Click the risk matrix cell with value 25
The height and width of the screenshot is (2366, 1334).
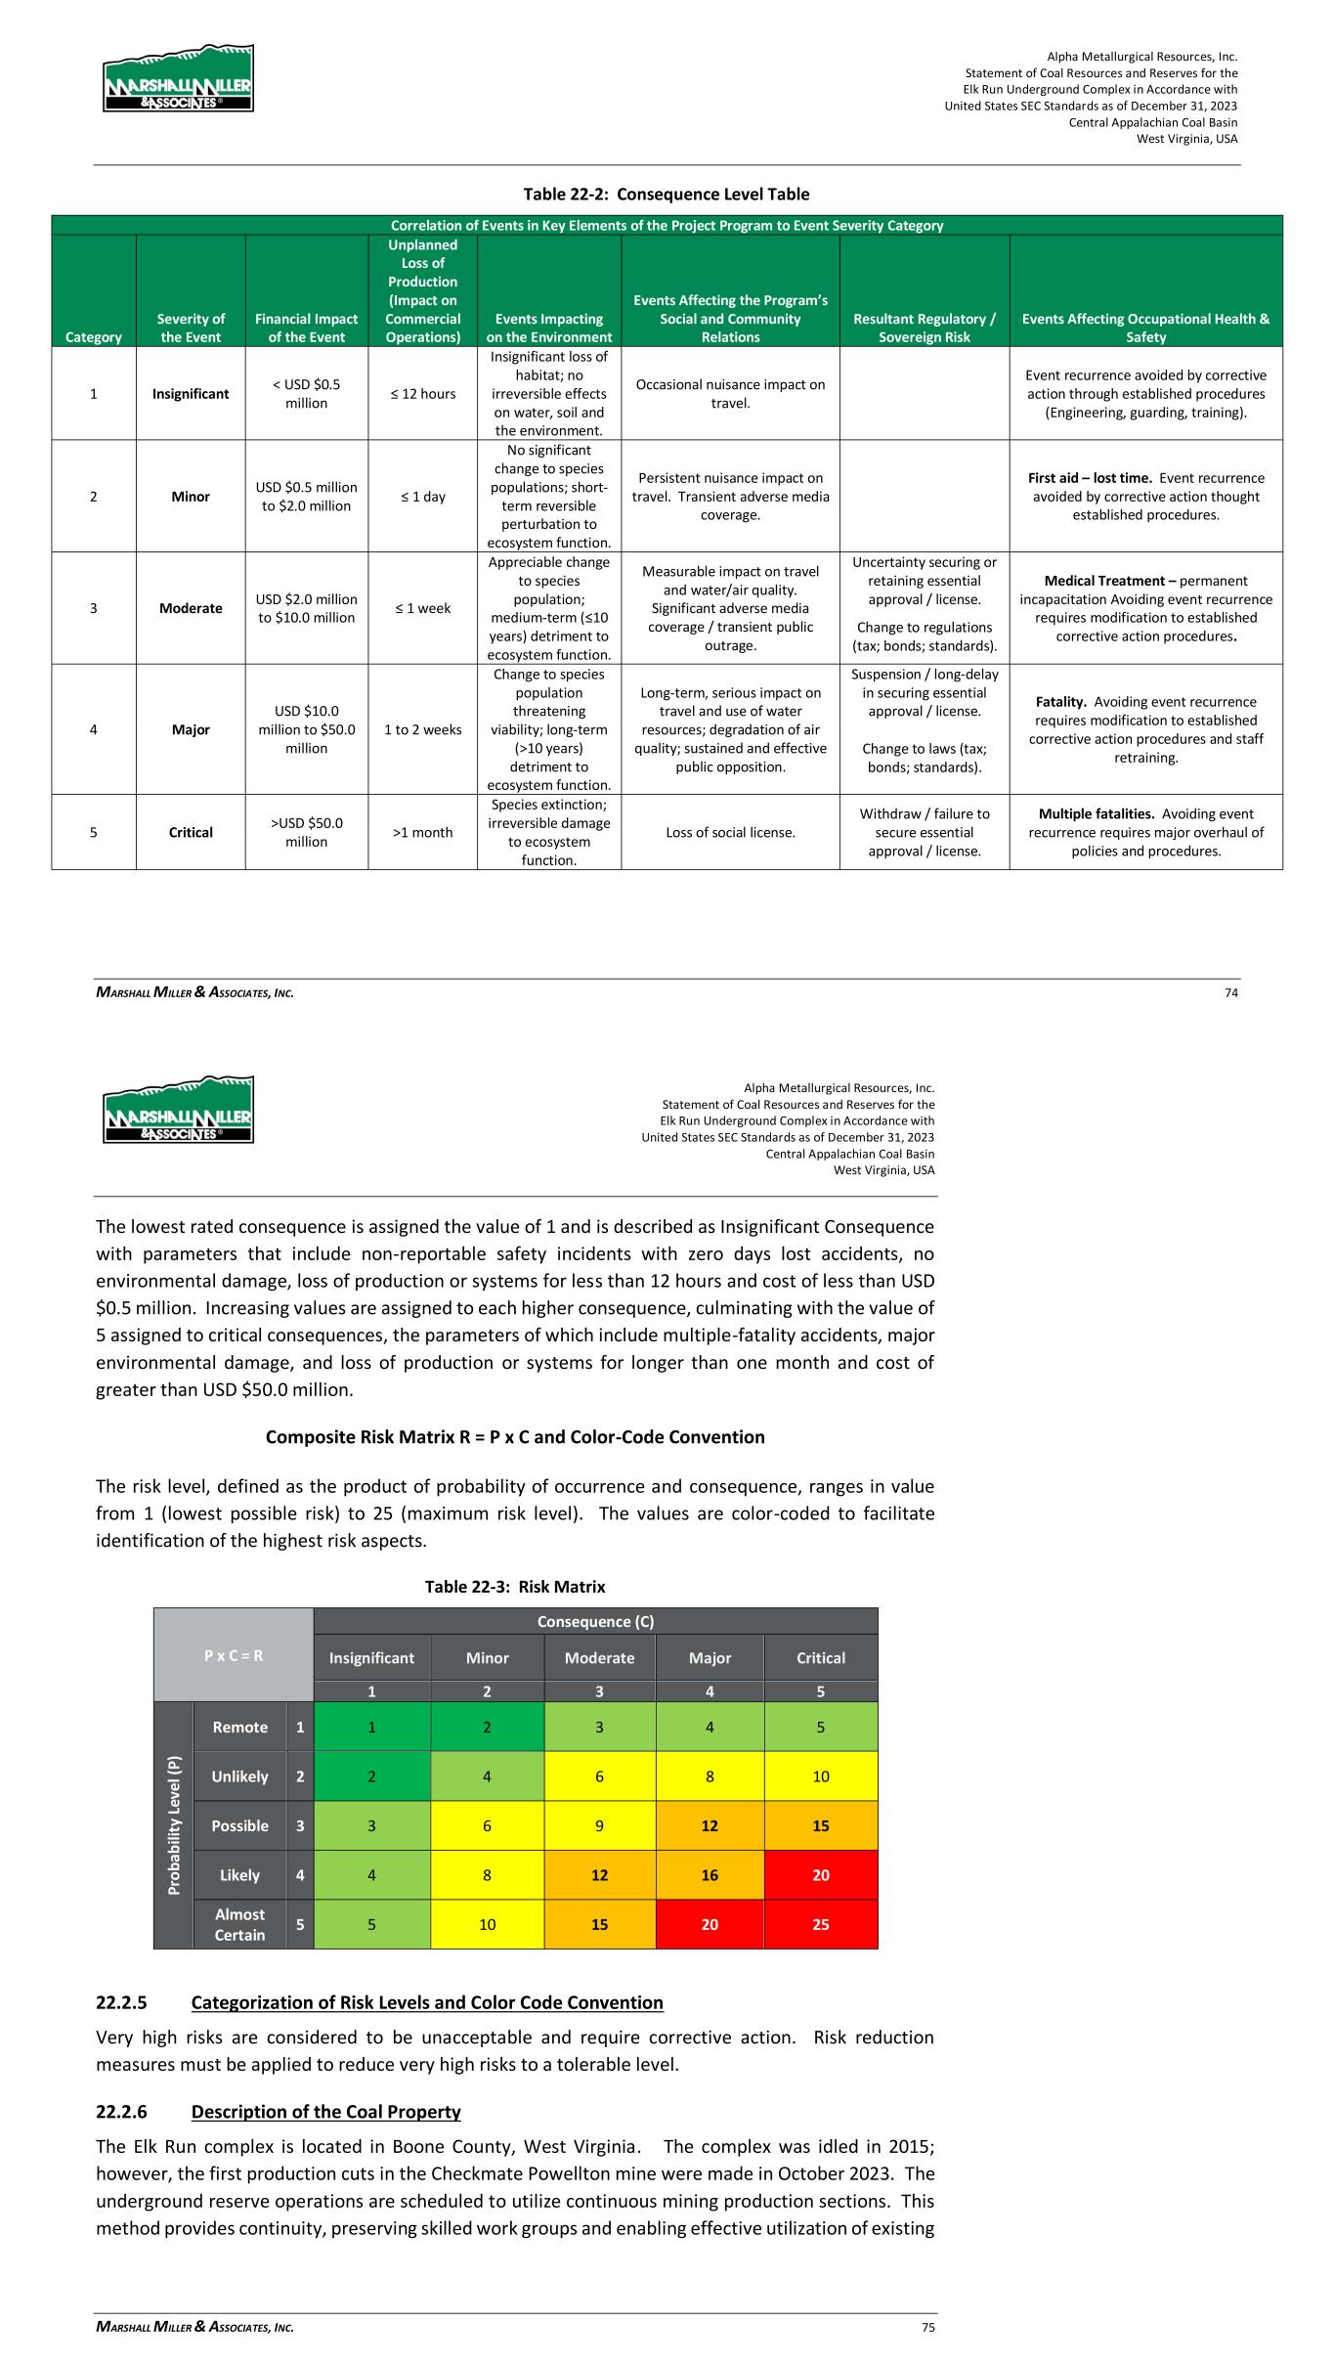tap(820, 1924)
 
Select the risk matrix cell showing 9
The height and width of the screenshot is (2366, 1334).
tap(599, 1825)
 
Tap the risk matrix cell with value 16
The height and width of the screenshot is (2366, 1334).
tap(710, 1874)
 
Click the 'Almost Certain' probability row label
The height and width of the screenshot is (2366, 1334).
tap(239, 1924)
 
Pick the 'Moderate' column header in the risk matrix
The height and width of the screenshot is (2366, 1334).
tap(599, 1658)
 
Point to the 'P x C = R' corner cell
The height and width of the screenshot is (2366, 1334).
tap(234, 1655)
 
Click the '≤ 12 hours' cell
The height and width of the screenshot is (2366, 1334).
tap(422, 394)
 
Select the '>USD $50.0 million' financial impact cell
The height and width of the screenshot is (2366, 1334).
tap(306, 832)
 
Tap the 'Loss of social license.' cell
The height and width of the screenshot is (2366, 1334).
tap(730, 832)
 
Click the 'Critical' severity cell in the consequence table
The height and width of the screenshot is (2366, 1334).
tap(191, 832)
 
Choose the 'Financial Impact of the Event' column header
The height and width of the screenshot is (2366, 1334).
tap(306, 328)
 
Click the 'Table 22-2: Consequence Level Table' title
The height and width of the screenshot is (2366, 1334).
tap(667, 194)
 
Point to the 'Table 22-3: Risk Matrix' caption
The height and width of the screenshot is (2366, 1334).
tap(515, 1586)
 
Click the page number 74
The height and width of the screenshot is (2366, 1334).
tap(1231, 992)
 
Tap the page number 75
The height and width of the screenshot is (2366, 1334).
tap(928, 2328)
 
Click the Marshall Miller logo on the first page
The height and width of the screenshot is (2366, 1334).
tap(178, 78)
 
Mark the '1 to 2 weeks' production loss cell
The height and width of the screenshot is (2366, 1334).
tap(422, 729)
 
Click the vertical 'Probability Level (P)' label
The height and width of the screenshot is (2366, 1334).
tap(173, 1825)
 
